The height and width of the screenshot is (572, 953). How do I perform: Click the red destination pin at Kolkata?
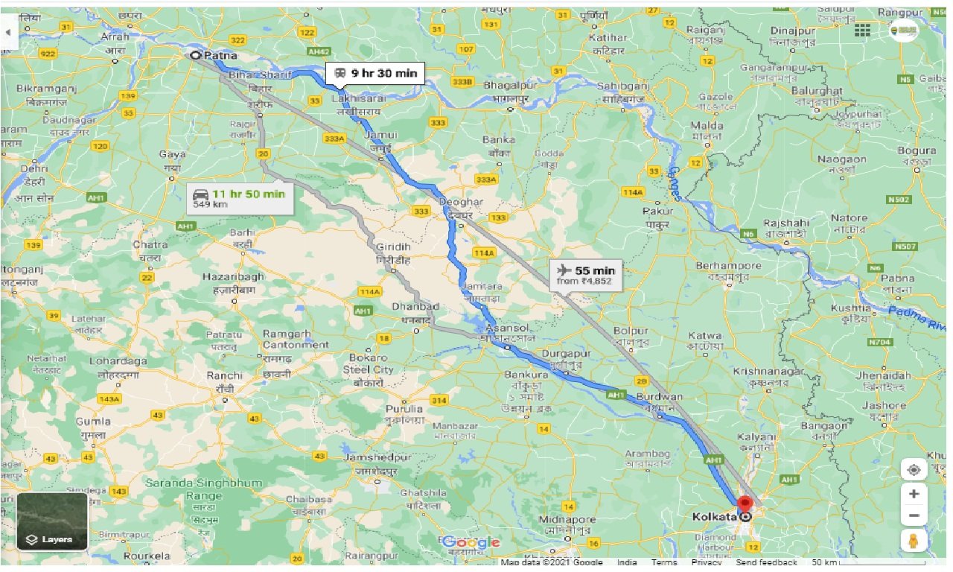click(745, 504)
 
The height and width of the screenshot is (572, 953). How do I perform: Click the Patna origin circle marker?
click(196, 55)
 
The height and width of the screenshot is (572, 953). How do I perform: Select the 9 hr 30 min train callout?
click(375, 74)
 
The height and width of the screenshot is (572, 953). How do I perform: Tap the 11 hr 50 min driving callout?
click(240, 198)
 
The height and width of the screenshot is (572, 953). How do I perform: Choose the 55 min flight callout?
click(585, 275)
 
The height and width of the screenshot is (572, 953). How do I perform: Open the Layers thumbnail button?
click(52, 521)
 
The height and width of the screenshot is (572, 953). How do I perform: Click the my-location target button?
click(914, 470)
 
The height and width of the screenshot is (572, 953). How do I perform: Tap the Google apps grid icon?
click(862, 30)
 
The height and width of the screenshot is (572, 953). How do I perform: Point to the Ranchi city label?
click(225, 376)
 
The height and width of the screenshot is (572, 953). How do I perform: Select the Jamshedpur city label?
click(377, 457)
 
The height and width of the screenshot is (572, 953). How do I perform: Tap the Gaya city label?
click(172, 155)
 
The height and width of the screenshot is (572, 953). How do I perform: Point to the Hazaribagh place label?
click(233, 276)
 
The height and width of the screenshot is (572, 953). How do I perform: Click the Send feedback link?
click(766, 562)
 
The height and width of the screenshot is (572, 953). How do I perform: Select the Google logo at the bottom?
click(471, 542)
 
